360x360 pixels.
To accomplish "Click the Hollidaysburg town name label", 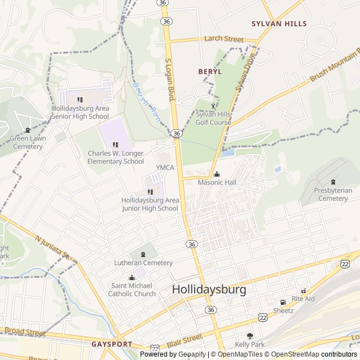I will point(209,290).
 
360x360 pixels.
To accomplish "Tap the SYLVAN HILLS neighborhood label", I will point(279,24).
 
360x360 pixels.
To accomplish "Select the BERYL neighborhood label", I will point(210,72).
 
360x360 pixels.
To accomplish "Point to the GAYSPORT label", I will point(111,344).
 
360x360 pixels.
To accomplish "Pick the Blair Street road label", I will point(184,339).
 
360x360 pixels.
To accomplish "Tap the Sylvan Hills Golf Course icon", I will point(213,105).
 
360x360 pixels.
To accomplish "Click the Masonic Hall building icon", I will point(217,174).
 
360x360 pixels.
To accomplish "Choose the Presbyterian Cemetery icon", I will point(333,182).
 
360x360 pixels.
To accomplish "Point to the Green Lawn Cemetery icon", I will point(28,130).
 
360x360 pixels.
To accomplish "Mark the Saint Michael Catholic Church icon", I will point(132,277).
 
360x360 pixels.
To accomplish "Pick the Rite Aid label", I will point(303,299).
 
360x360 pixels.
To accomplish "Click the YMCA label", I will point(165,168).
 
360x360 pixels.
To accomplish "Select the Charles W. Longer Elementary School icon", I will point(116,145).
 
